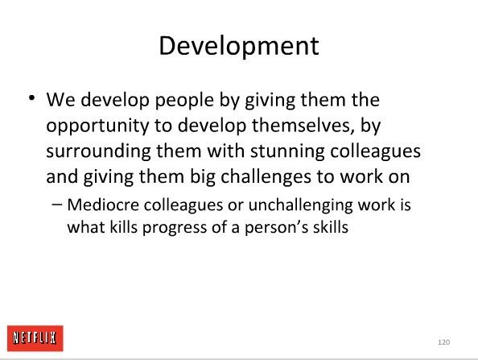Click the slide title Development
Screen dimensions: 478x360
click(x=239, y=47)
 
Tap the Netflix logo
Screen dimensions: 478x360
click(x=35, y=338)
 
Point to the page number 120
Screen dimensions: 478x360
click(x=444, y=342)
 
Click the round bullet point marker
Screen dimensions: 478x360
click(x=31, y=98)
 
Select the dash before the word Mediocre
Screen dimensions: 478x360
click(x=56, y=205)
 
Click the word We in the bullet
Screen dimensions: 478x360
click(x=60, y=100)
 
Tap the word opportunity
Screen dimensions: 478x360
click(x=97, y=126)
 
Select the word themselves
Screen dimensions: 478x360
click(x=303, y=126)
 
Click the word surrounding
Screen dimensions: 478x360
click(x=98, y=152)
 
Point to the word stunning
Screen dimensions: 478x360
click(x=287, y=152)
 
